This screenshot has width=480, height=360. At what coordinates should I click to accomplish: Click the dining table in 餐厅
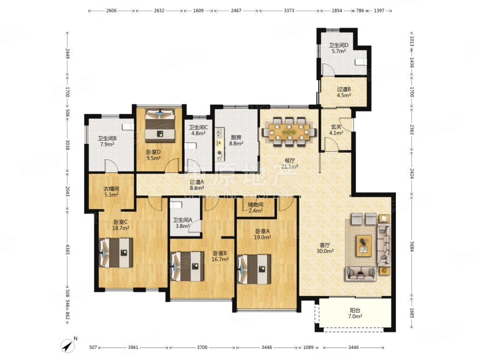click(x=289, y=132)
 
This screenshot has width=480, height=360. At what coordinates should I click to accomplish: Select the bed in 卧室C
click(x=116, y=253)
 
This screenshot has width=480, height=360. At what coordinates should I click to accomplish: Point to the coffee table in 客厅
click(x=364, y=246)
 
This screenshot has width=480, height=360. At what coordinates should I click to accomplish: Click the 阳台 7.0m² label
click(x=355, y=313)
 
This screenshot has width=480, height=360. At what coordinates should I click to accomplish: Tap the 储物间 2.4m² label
click(x=255, y=207)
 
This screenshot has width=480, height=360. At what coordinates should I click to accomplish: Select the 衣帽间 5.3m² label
click(x=111, y=192)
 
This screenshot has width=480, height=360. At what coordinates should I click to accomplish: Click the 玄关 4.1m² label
click(x=336, y=130)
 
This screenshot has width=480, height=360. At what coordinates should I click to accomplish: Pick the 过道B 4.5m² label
click(x=344, y=92)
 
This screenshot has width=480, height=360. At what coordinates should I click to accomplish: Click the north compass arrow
click(x=68, y=346)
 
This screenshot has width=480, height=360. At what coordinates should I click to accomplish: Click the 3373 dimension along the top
click(x=289, y=11)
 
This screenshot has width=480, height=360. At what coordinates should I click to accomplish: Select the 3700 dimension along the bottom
click(x=202, y=348)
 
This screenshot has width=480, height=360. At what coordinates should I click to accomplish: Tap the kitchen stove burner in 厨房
click(x=219, y=153)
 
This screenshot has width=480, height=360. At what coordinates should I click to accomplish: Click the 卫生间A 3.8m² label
click(x=182, y=223)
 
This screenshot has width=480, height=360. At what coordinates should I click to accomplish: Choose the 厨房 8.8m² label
click(x=236, y=140)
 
